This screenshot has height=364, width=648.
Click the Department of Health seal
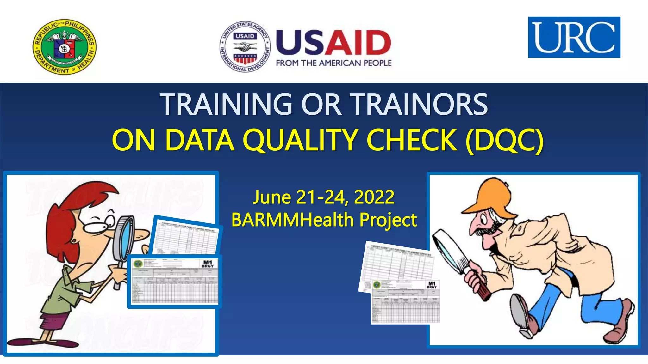point(65,46)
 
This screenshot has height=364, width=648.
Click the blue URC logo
point(574,37)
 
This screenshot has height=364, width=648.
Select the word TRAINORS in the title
point(420,104)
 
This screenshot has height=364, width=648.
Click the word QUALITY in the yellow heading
point(300,140)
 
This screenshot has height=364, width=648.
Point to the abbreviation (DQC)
point(505,140)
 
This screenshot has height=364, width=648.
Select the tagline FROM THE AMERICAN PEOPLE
point(333,63)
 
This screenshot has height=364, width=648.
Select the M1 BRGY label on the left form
point(208,264)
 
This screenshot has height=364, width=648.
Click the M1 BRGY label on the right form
point(432,285)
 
